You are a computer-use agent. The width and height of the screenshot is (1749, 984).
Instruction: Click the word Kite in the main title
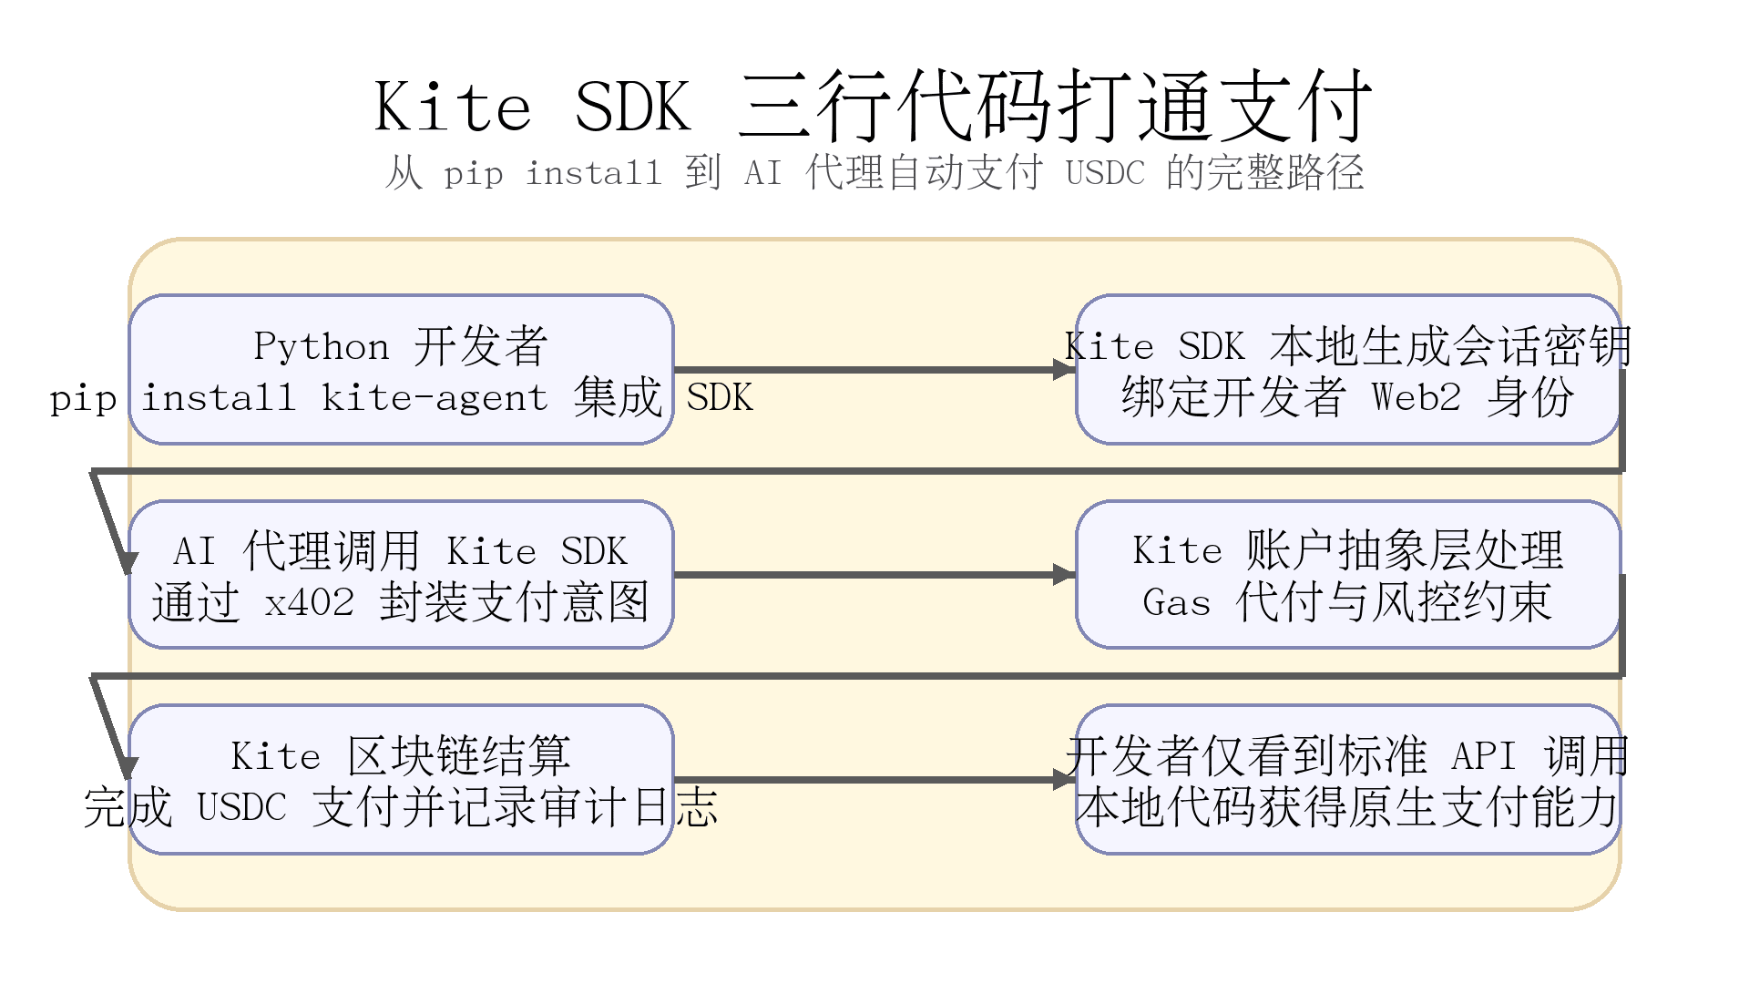tap(453, 108)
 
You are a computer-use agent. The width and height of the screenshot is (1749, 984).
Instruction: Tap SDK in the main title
tap(633, 108)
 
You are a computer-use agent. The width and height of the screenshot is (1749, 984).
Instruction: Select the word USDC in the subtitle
tap(1104, 172)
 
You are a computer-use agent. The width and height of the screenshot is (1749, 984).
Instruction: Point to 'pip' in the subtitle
tap(473, 172)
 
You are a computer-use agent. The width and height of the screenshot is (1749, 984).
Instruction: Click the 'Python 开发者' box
tap(401, 369)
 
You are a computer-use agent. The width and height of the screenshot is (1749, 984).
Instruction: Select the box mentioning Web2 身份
tap(1347, 369)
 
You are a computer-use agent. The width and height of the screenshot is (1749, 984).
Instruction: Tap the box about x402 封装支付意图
tap(401, 574)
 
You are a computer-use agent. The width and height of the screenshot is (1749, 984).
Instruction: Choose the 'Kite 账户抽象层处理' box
tap(1347, 574)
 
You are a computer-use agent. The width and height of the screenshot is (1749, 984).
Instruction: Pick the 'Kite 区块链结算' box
tap(401, 779)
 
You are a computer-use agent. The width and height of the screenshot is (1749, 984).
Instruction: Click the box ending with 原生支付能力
tap(1347, 779)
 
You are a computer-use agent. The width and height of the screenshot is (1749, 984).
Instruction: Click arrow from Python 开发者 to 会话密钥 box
tap(874, 370)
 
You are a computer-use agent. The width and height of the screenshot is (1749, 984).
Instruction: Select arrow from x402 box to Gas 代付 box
tap(874, 575)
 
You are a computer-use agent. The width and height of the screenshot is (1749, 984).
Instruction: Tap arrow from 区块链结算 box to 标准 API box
tap(874, 780)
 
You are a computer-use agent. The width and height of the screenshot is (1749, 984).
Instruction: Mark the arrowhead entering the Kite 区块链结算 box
tap(128, 768)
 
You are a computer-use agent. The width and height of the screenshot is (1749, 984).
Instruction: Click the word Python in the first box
tap(321, 346)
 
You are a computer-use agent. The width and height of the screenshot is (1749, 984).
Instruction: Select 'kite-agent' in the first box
tap(435, 398)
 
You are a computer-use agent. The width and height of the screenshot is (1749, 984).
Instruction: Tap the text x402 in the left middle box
tap(309, 603)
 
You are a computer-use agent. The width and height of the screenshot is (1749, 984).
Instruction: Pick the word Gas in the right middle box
tap(1176, 603)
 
